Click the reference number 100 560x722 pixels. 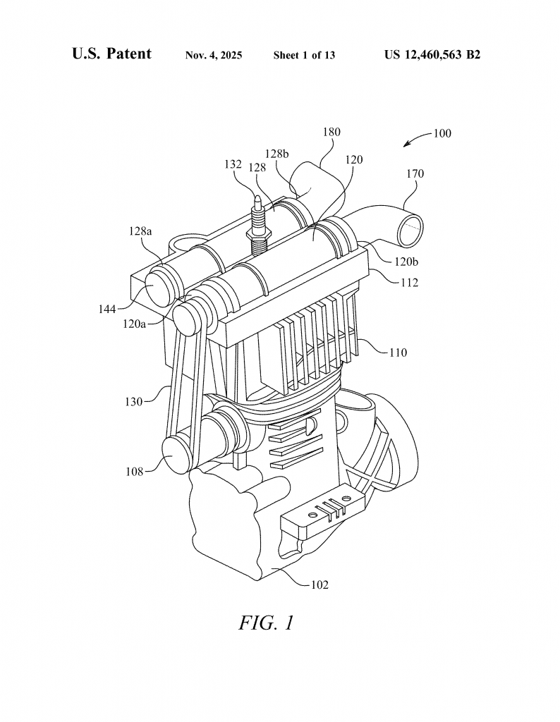(x=442, y=133)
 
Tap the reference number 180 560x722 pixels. (x=331, y=132)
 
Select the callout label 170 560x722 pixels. (x=415, y=173)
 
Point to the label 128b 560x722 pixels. (x=276, y=153)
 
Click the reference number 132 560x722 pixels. (x=233, y=164)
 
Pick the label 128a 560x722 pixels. (x=140, y=231)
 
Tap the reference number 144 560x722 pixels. (x=106, y=310)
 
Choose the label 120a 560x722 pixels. (x=135, y=324)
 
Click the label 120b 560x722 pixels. (x=406, y=262)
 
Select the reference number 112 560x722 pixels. (x=408, y=282)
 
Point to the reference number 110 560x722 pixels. (x=398, y=353)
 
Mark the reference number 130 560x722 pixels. (x=133, y=402)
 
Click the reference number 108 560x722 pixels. (x=135, y=472)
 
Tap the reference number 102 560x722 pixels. (x=319, y=585)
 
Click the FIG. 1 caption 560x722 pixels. (x=266, y=623)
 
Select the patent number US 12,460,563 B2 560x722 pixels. (x=432, y=55)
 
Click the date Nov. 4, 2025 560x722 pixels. (x=214, y=55)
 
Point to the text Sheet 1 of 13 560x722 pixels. (x=304, y=55)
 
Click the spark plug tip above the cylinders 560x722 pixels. (x=257, y=198)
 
